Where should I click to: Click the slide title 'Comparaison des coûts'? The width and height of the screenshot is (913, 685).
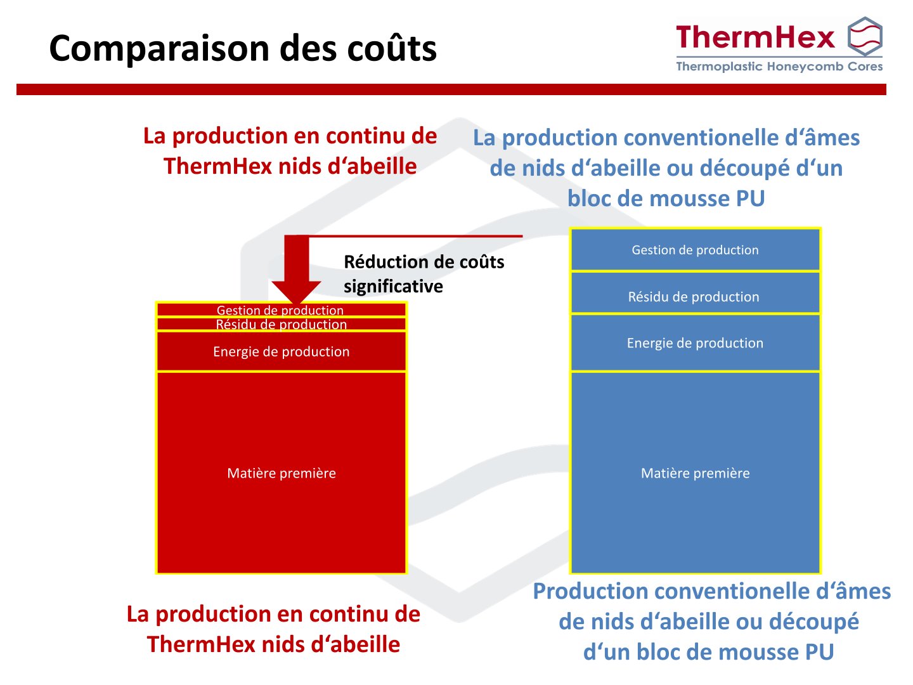point(243,48)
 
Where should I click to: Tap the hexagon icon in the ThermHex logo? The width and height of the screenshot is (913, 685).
point(865,37)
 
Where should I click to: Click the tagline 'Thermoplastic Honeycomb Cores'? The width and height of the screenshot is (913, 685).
point(779,67)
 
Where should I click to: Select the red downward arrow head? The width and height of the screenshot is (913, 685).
point(296,291)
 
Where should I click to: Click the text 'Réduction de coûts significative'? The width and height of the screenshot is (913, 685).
point(424,274)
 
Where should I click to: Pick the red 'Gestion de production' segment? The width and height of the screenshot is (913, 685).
point(281,310)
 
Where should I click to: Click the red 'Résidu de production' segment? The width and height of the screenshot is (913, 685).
point(281,324)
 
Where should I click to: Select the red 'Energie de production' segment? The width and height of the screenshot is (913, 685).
point(281,351)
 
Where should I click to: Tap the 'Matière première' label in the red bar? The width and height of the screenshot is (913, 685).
point(281,473)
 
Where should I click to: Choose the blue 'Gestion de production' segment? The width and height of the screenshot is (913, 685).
point(695,250)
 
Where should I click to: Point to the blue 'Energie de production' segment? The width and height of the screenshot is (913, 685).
point(695,343)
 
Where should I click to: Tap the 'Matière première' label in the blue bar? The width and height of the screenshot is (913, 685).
point(695,473)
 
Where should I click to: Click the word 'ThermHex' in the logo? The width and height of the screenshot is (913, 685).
point(755,37)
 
